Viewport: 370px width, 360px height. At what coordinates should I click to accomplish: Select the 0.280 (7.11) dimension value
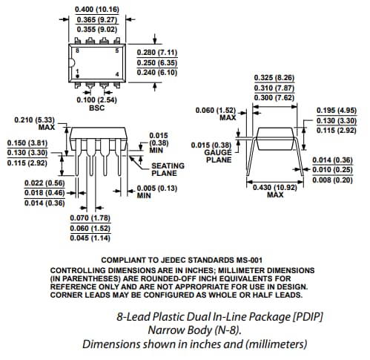coord(156,52)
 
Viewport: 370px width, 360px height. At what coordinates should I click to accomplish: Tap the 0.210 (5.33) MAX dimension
coord(36,120)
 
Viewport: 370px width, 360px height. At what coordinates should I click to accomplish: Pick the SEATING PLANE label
coord(169,169)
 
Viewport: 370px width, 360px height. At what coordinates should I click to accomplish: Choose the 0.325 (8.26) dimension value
coord(274,77)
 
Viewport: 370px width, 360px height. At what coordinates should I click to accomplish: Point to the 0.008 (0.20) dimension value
coord(333,179)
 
